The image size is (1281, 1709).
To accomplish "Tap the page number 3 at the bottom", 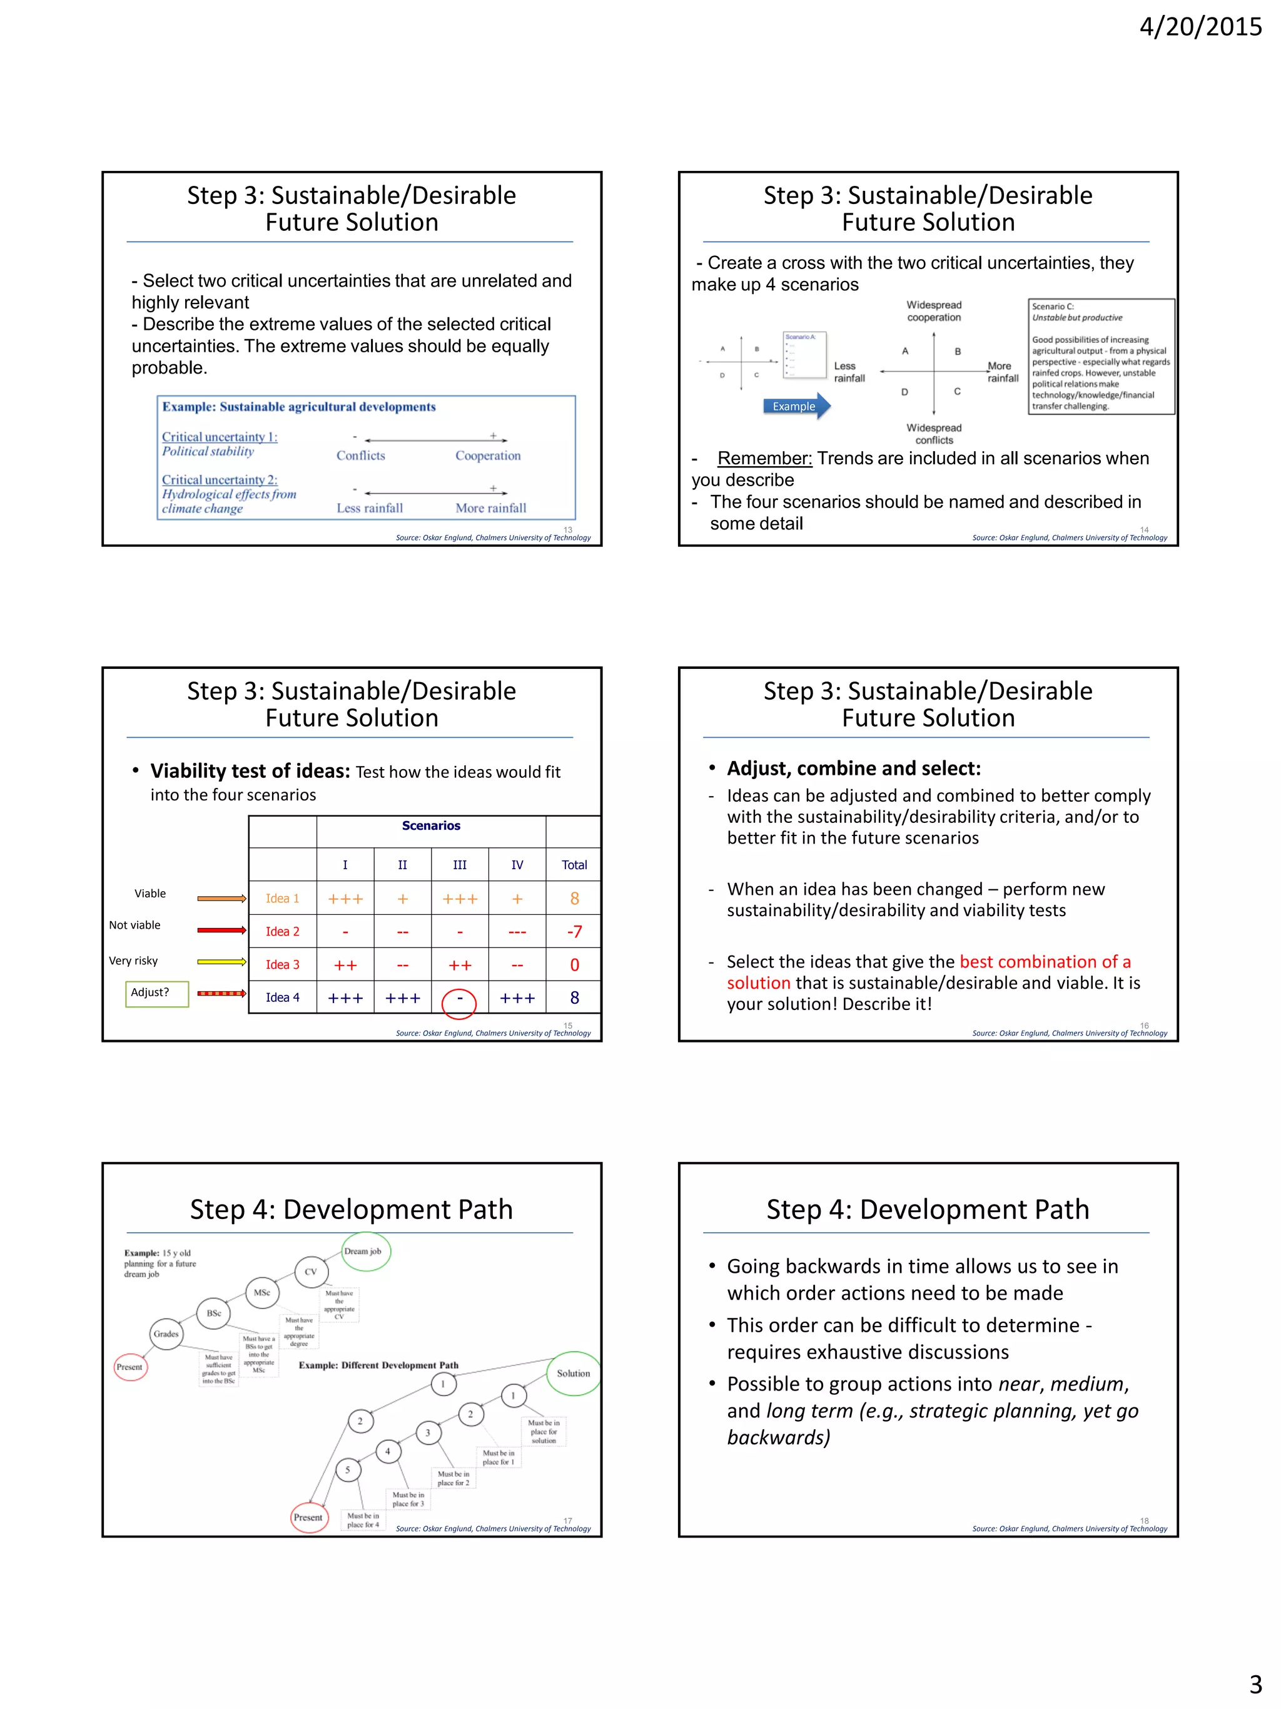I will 1255,1683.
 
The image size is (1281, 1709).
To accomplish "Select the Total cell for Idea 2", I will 574,932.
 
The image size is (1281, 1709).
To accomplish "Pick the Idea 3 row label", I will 282,964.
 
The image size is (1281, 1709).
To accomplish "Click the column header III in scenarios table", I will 460,865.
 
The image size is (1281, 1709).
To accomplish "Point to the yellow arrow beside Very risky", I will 221,962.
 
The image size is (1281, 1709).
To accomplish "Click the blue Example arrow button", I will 796,406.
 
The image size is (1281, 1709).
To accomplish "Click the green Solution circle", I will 574,1374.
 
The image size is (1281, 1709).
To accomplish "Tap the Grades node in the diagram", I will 166,1334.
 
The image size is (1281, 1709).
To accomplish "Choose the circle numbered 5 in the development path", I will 348,1469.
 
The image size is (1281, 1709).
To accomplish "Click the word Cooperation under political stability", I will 488,456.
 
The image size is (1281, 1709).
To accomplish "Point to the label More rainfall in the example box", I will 491,508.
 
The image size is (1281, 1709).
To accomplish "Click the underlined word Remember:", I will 764,459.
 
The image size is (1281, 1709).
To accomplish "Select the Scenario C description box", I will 1101,357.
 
